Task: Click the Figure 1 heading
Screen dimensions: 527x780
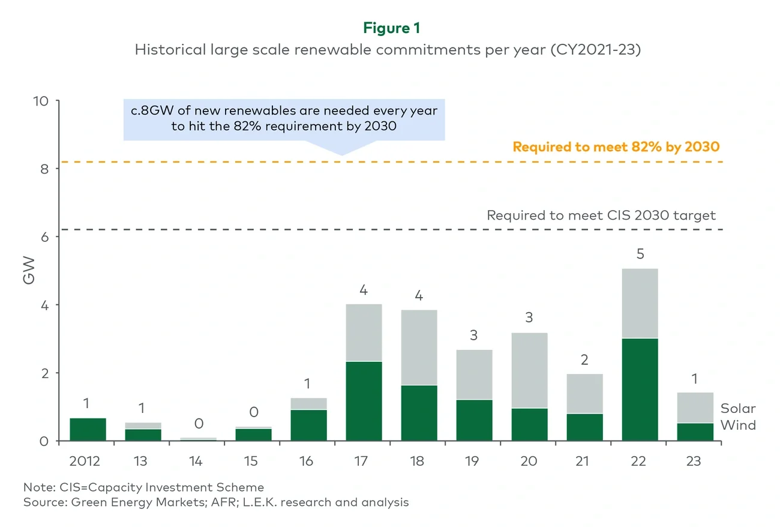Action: [391, 28]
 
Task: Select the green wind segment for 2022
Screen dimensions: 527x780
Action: [640, 390]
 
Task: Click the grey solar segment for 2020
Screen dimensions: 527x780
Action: [529, 370]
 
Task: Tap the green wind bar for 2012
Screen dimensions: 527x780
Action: [88, 429]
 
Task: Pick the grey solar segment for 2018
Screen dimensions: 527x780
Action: [419, 347]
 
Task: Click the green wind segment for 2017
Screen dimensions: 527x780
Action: [364, 401]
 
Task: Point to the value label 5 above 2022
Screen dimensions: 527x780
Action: [640, 254]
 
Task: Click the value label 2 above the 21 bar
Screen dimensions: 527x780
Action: [584, 360]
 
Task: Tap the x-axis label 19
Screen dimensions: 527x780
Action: [474, 462]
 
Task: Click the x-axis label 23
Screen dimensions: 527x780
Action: [695, 462]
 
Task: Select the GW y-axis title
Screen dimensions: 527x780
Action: [29, 271]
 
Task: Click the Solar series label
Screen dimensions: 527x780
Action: [737, 409]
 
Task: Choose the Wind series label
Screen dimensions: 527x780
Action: [737, 426]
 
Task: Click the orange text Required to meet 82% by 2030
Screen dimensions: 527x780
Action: [616, 146]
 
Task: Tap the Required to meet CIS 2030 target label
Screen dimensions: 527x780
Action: [601, 215]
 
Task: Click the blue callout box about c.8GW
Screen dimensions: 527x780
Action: [284, 119]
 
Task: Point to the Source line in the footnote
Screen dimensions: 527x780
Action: [216, 502]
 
